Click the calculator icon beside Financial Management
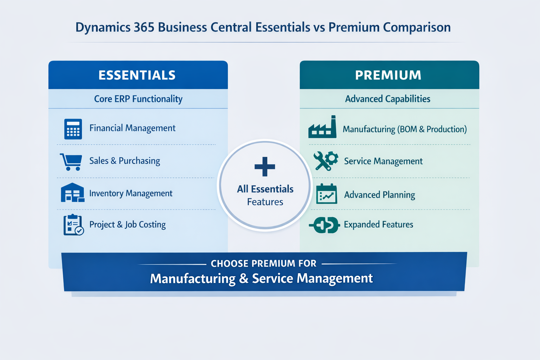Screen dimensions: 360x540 pyautogui.click(x=73, y=129)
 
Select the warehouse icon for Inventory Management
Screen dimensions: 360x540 pyautogui.click(x=72, y=193)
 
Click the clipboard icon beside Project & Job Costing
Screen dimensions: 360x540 pyautogui.click(x=73, y=225)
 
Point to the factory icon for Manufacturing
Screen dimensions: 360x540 pyautogui.click(x=322, y=127)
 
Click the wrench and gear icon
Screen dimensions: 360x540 pyautogui.click(x=326, y=161)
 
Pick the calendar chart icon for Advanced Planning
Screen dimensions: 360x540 pyautogui.click(x=327, y=194)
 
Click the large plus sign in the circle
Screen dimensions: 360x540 pyautogui.click(x=265, y=167)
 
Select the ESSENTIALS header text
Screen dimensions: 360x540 pyautogui.click(x=137, y=75)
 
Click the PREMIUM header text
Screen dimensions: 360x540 pyautogui.click(x=388, y=75)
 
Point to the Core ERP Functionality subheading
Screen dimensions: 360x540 pyautogui.click(x=138, y=99)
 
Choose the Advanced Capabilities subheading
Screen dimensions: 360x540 pyautogui.click(x=387, y=99)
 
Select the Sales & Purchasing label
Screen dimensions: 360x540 pyautogui.click(x=124, y=161)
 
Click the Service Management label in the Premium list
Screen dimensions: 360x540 pyautogui.click(x=383, y=161)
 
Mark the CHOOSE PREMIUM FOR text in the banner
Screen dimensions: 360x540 pyautogui.click(x=263, y=263)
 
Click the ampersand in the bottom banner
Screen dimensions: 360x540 pyautogui.click(x=244, y=278)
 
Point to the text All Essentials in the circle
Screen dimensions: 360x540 pyautogui.click(x=265, y=189)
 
